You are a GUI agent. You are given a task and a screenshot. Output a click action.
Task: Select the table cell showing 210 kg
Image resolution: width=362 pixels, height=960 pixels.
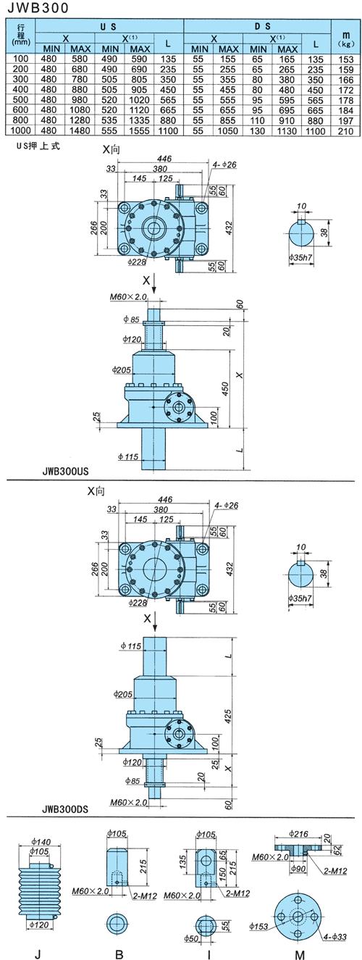point(346,130)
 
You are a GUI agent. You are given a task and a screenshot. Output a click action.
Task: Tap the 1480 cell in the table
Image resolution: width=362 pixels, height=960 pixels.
point(80,130)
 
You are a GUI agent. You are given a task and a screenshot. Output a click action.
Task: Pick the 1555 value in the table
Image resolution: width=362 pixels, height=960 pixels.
point(140,130)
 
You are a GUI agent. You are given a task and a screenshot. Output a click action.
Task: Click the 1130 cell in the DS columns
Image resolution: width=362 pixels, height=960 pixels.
point(287,130)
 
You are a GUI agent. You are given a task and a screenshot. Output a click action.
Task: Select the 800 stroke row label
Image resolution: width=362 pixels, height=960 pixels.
point(21,120)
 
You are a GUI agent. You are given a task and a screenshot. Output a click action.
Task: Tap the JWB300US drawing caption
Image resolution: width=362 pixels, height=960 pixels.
point(66,471)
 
